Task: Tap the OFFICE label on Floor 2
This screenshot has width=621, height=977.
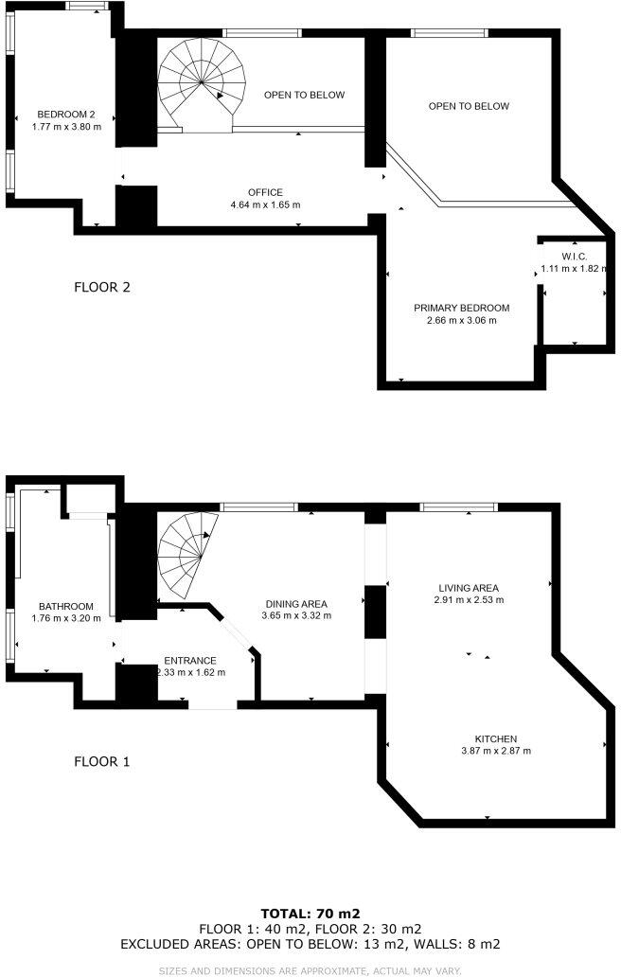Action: pos(265,192)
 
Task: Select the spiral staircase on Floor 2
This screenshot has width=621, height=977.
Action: pos(202,81)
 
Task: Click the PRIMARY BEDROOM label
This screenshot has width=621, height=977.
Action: pos(462,308)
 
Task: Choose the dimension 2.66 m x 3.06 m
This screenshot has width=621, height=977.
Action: pos(462,320)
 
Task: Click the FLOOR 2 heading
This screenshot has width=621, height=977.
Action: pos(101,286)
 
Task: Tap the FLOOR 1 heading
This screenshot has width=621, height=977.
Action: pos(101,760)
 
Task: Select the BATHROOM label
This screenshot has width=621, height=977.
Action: pos(66,607)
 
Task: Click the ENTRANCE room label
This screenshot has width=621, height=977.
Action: pos(190,661)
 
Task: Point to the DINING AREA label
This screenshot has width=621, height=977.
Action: pos(296,604)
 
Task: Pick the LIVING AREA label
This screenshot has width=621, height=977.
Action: pos(462,587)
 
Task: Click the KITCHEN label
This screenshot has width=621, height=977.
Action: pos(496,738)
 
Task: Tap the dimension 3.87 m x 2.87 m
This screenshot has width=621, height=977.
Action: pos(496,751)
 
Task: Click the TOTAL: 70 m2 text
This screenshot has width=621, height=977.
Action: pos(310,914)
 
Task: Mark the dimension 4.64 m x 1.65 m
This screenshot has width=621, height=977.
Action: pos(265,204)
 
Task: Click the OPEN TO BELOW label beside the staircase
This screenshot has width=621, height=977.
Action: pos(304,95)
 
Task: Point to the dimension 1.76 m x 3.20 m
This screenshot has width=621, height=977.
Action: pos(66,619)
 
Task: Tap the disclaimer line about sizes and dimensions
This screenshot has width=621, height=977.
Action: pos(310,970)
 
